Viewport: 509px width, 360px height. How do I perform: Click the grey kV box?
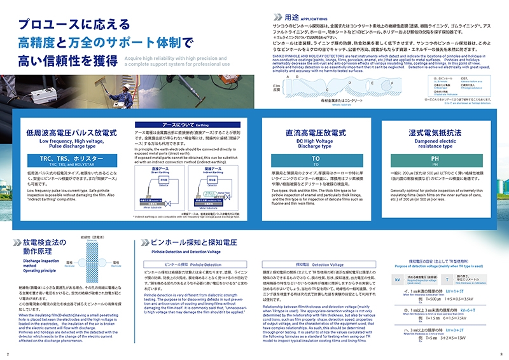click(x=396, y=279)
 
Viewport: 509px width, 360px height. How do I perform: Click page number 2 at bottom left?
click(x=8, y=354)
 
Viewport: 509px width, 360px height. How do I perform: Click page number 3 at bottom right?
click(x=501, y=354)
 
